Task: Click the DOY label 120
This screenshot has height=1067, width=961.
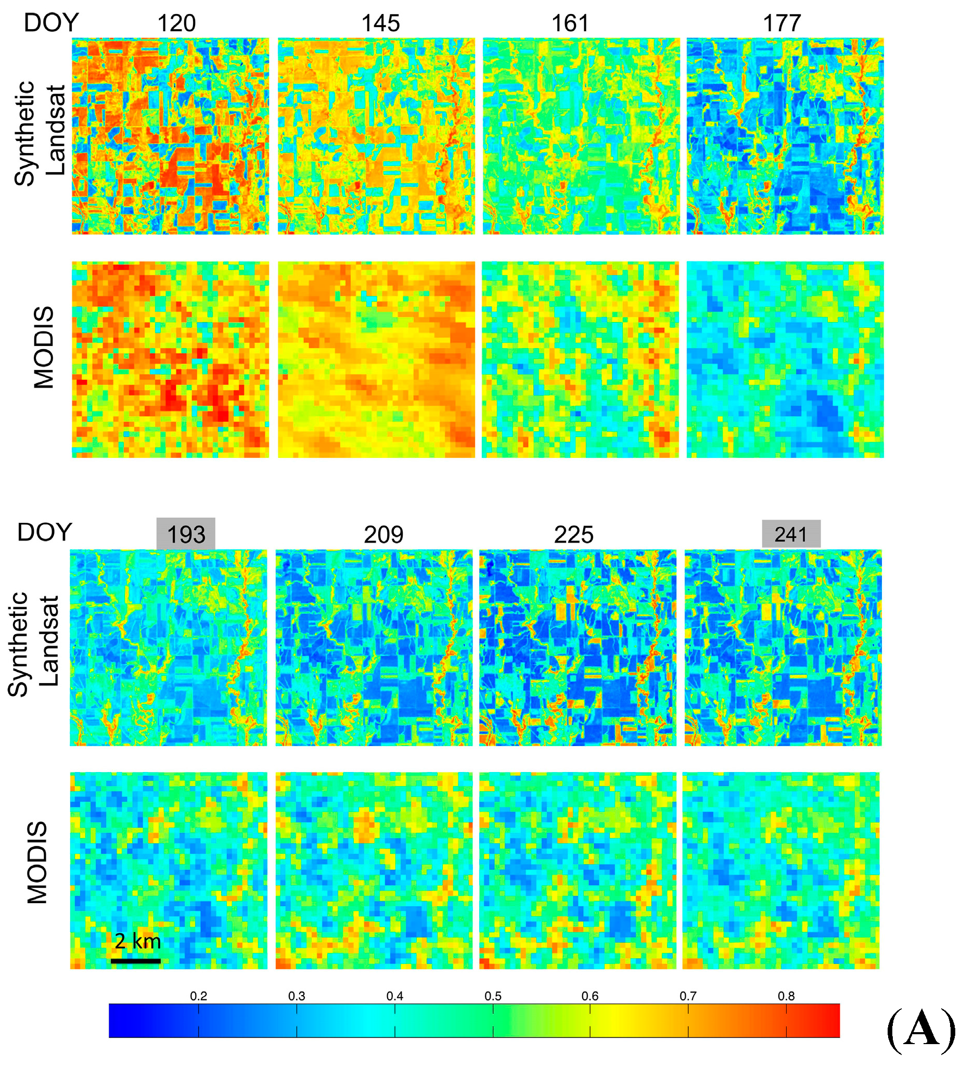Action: click(x=176, y=24)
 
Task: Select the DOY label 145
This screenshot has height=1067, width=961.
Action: click(x=381, y=24)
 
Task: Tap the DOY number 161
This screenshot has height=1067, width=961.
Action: click(x=570, y=24)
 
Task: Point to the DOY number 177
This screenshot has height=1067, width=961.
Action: click(x=782, y=24)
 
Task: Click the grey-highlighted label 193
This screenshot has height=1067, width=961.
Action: click(x=186, y=535)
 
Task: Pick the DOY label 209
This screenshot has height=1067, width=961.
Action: click(x=383, y=535)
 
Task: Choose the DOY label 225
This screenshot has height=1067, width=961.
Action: click(x=573, y=535)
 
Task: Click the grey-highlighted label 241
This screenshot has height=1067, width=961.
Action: click(x=790, y=534)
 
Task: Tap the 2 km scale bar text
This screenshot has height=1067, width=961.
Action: click(x=137, y=941)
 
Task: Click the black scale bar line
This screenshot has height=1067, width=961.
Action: click(x=136, y=961)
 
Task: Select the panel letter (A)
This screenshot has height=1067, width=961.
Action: click(x=920, y=1030)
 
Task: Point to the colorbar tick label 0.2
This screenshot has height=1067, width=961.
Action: click(x=199, y=996)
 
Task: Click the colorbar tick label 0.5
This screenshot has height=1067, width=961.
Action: click(x=493, y=996)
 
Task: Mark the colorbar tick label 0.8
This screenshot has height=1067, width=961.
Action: click(x=786, y=996)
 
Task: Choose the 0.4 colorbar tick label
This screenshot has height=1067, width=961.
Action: click(x=394, y=996)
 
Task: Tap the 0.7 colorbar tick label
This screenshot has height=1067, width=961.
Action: click(x=687, y=996)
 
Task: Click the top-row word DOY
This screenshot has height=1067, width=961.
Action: click(x=51, y=23)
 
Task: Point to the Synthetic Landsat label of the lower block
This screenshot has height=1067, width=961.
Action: click(x=33, y=644)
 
